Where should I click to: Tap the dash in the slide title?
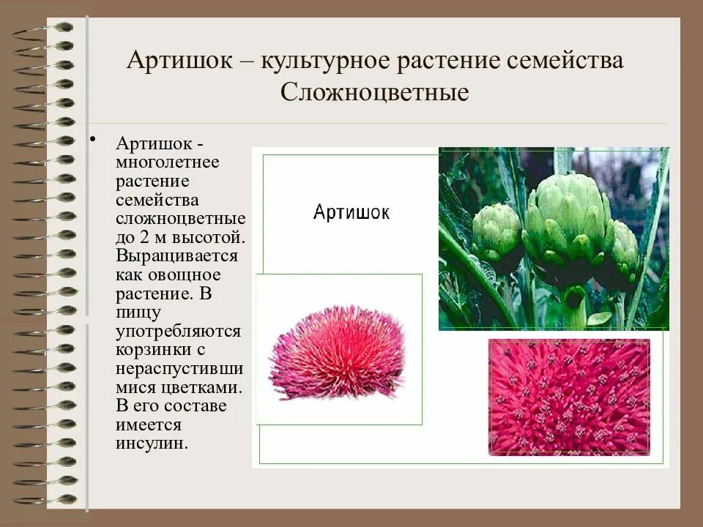click(246, 61)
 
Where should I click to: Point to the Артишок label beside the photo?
click(351, 212)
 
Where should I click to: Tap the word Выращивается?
click(176, 256)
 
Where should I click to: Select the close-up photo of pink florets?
click(569, 396)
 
